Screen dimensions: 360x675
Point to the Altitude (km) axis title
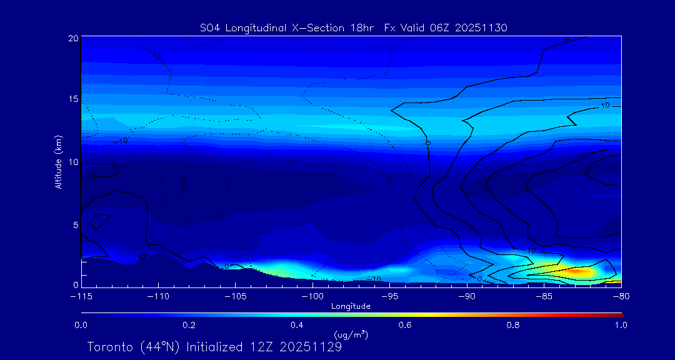click(x=59, y=161)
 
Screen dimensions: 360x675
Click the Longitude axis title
click(x=351, y=306)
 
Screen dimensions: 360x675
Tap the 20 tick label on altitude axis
click(x=72, y=38)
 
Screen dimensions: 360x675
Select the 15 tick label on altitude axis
click(x=72, y=99)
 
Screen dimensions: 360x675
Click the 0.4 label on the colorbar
click(x=297, y=325)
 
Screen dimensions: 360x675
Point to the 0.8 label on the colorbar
click(x=514, y=325)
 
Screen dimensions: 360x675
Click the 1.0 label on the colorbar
click(x=621, y=325)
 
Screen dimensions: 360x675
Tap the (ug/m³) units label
click(x=351, y=335)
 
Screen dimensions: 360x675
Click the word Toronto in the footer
click(x=109, y=347)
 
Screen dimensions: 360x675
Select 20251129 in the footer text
click(x=311, y=347)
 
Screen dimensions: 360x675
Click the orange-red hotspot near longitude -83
click(x=580, y=272)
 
